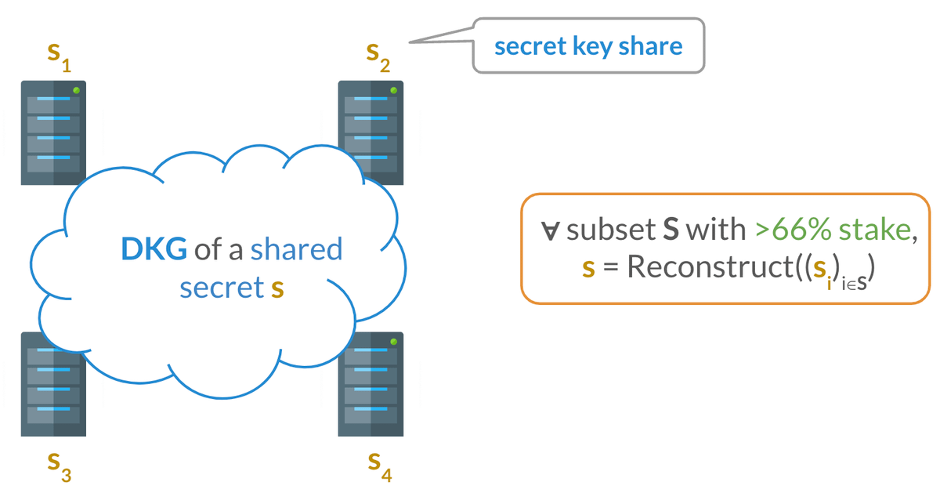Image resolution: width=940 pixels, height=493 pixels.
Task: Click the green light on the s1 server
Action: point(76,91)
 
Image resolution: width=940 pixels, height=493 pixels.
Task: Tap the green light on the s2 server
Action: point(393,91)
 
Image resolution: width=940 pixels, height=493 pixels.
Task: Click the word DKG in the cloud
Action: point(154,249)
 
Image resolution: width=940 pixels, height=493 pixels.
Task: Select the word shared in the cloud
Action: point(297,249)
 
